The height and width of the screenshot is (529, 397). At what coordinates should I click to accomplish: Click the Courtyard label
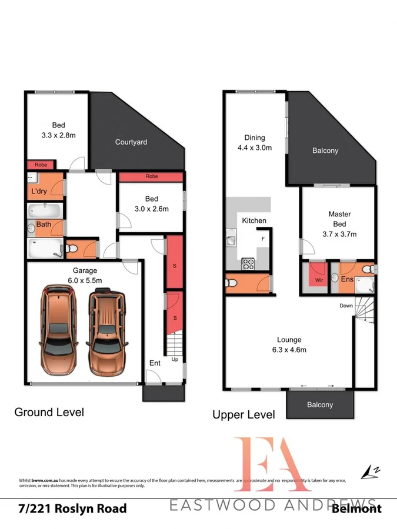[x=131, y=142]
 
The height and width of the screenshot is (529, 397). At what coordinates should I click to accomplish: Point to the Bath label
[x=44, y=225]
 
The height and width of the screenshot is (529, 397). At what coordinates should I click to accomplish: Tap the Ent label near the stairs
[x=154, y=363]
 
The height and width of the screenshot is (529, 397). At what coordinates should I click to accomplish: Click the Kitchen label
[x=254, y=220]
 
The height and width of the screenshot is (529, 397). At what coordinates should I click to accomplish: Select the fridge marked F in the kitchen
[x=262, y=239]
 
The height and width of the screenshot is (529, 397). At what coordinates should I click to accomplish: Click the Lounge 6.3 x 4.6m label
[x=289, y=344]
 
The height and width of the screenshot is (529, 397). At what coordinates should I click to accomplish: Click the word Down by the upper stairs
[x=346, y=306]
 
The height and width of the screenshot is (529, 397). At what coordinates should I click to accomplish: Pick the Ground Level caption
[x=49, y=412]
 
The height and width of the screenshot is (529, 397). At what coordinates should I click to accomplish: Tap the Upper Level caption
[x=243, y=414]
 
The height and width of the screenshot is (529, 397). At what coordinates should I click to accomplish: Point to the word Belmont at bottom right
[x=356, y=508]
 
